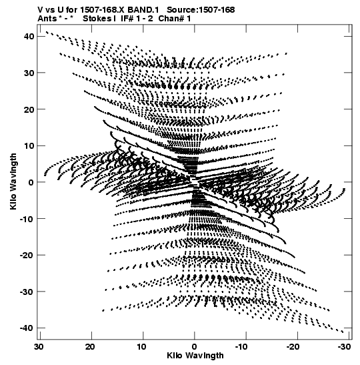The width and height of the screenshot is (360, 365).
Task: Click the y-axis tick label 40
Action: click(x=29, y=37)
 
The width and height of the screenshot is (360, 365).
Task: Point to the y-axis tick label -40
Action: click(x=27, y=328)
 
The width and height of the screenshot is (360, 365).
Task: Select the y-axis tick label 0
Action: click(x=31, y=182)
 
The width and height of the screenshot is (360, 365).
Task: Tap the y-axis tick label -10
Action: click(x=27, y=219)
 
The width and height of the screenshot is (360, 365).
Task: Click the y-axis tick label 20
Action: click(x=29, y=109)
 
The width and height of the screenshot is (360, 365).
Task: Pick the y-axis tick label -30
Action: click(x=27, y=292)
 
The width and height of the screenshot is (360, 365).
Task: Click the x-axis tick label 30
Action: click(x=39, y=347)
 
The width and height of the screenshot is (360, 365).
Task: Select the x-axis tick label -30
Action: click(x=344, y=347)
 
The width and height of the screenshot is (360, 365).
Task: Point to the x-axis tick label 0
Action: click(x=195, y=347)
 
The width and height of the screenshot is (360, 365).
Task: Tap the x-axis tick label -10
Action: click(x=241, y=347)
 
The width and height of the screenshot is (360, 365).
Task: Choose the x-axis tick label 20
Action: click(x=90, y=347)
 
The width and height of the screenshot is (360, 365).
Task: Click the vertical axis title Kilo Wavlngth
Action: click(x=13, y=181)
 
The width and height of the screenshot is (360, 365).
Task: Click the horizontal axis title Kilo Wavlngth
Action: click(x=195, y=356)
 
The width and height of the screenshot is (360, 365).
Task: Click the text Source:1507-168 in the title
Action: click(x=201, y=10)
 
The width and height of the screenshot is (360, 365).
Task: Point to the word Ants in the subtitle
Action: click(x=47, y=19)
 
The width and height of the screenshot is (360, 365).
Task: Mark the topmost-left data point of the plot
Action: click(x=47, y=32)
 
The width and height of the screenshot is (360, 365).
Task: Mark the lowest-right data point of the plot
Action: click(x=342, y=332)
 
